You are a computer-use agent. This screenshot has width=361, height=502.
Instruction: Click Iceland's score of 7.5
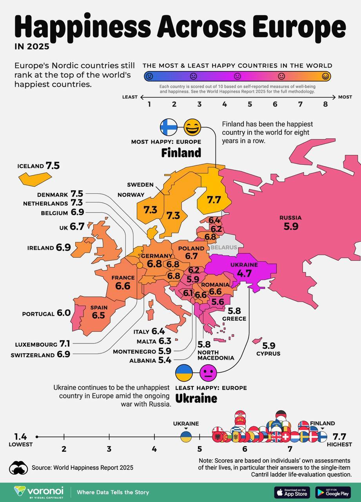pyautogui.click(x=53, y=166)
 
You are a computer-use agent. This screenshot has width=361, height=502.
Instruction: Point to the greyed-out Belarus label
pyautogui.click(x=224, y=247)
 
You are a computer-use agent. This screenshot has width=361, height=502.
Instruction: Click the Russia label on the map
pyautogui.click(x=290, y=218)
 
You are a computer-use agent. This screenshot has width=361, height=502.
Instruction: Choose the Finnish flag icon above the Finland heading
pyautogui.click(x=169, y=127)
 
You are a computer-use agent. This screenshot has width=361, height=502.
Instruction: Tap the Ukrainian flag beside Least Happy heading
pyautogui.click(x=184, y=373)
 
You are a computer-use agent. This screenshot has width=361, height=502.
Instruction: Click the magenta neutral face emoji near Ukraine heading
pyautogui.click(x=208, y=373)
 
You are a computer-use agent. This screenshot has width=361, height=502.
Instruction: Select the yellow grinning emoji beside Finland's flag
pyautogui.click(x=192, y=127)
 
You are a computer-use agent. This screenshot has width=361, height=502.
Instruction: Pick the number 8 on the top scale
pyautogui.click(x=325, y=104)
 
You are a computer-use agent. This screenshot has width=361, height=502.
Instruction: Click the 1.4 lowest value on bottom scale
pyautogui.click(x=21, y=436)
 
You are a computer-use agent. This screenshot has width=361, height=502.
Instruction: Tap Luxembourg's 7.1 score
pyautogui.click(x=65, y=344)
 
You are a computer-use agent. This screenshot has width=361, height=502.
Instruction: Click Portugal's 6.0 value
pyautogui.click(x=63, y=313)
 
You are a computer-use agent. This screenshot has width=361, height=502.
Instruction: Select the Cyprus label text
pyautogui.click(x=268, y=353)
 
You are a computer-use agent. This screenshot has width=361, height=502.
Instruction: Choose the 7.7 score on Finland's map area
pyautogui.click(x=214, y=200)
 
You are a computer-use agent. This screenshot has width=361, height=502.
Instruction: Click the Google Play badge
pyautogui.click(x=333, y=492)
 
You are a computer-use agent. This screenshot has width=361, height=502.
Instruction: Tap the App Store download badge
pyautogui.click(x=292, y=492)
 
